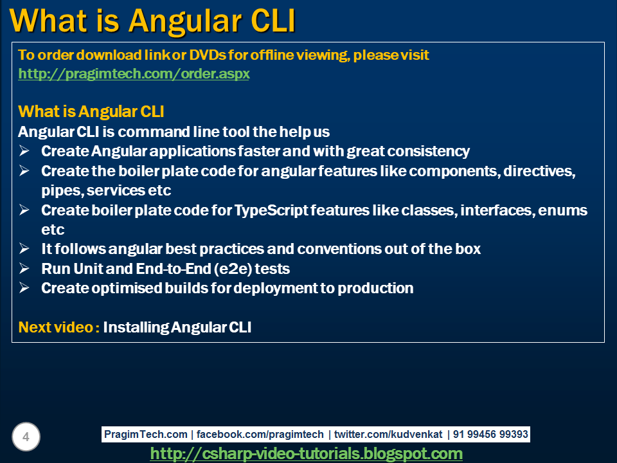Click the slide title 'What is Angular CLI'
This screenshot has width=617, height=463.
click(153, 21)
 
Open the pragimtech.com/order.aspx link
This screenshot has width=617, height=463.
click(134, 74)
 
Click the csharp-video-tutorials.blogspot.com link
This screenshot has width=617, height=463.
click(306, 454)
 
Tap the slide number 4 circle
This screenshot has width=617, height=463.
click(26, 437)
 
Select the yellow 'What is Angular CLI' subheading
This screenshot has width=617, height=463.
click(91, 112)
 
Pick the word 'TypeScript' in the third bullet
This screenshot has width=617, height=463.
click(274, 210)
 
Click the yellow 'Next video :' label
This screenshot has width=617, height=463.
click(58, 327)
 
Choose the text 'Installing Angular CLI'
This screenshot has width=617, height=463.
click(177, 327)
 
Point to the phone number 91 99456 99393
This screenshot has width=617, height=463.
click(490, 435)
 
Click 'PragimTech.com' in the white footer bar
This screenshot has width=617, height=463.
click(146, 435)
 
